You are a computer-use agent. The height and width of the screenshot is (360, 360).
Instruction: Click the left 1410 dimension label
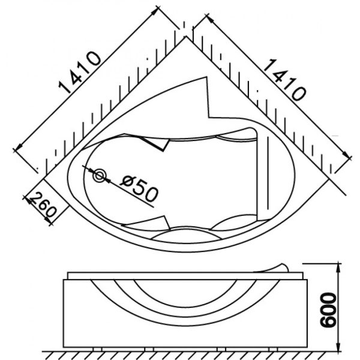pyautogui.click(x=80, y=73)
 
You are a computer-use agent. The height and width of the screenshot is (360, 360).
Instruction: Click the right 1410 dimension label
pyautogui.click(x=284, y=79)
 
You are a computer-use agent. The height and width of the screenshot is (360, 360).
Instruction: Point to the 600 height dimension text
pyautogui.click(x=328, y=310)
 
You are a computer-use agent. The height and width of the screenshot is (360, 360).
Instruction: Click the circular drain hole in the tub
pyautogui.click(x=100, y=176)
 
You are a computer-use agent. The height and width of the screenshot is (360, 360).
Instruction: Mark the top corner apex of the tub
pyautogui.click(x=185, y=37)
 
